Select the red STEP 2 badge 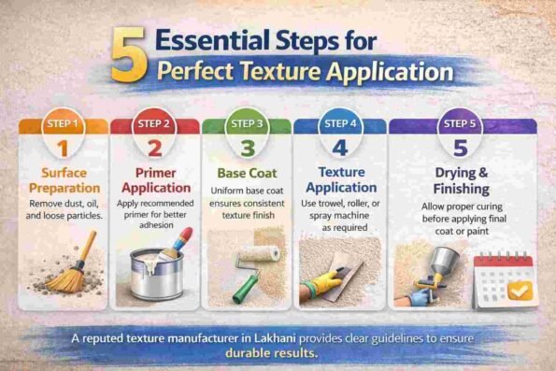tap(153, 121)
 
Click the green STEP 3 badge tap(247, 121)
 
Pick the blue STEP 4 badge tap(339, 121)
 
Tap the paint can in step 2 tap(150, 271)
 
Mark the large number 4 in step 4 tap(339, 148)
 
